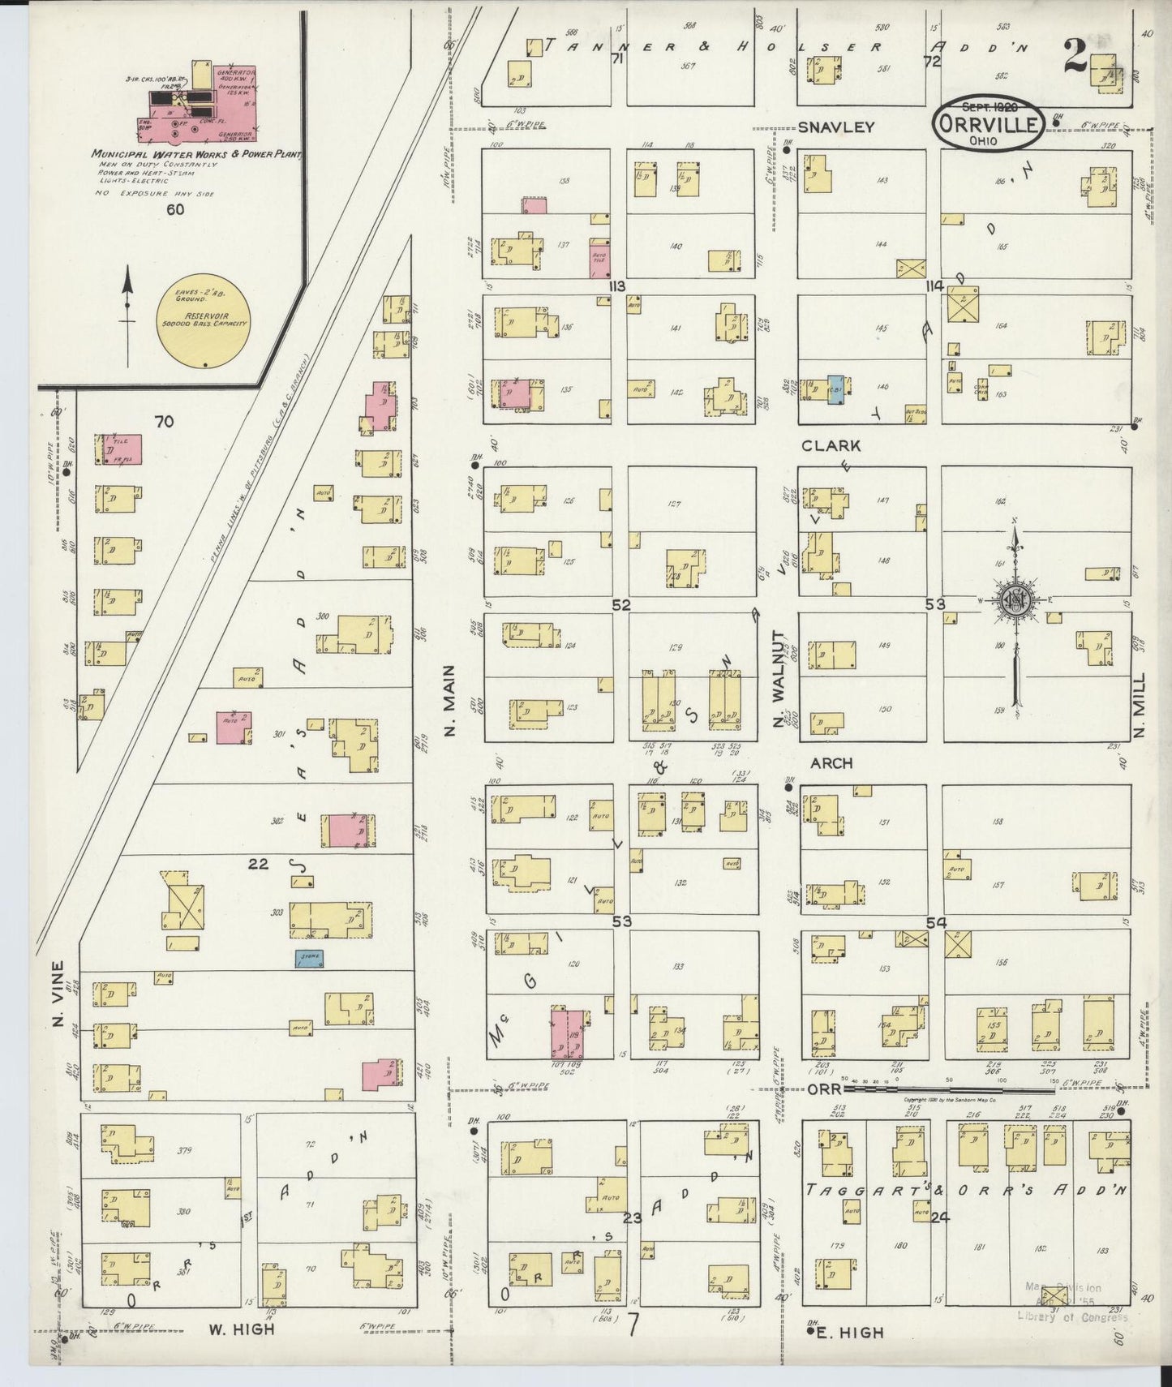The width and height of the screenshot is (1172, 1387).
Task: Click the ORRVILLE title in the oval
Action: [x=988, y=124]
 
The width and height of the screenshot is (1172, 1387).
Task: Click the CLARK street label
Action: [x=831, y=445]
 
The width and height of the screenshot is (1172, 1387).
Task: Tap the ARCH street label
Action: [x=831, y=763]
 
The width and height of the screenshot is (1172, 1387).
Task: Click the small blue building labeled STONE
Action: [x=309, y=958]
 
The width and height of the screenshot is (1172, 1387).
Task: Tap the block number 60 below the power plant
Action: [x=175, y=209]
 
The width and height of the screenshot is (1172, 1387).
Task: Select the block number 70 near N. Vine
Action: [x=165, y=421]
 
